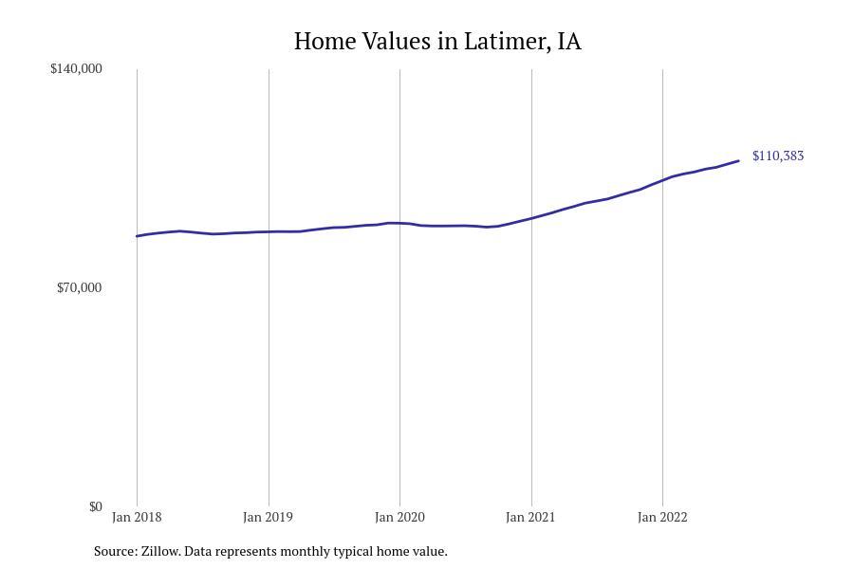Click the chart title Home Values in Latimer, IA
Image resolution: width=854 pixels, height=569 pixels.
pos(437,42)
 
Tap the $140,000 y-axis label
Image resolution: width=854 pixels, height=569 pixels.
pos(76,68)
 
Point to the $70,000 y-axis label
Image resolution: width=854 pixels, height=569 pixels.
pos(79,287)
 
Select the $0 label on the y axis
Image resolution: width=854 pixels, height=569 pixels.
pos(95,506)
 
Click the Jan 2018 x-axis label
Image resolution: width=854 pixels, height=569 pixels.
pos(137,517)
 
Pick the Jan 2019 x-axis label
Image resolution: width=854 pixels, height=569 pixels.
pos(268,517)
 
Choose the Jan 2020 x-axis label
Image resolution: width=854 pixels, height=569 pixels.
pos(399,517)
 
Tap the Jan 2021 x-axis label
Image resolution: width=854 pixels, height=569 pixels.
pos(530,517)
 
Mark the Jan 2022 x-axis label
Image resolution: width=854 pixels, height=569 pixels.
pos(662,517)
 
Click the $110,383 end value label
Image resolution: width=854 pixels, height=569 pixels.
pos(778,156)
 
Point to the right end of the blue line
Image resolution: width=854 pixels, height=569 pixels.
pos(738,161)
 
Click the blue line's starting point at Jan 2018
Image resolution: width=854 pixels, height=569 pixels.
pos(138,236)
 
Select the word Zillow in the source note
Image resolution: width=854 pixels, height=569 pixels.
pos(159,551)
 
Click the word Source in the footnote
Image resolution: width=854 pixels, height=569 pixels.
pos(115,551)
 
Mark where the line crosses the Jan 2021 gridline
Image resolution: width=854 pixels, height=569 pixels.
pos(531,218)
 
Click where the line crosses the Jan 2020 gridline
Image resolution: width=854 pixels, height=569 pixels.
pos(399,223)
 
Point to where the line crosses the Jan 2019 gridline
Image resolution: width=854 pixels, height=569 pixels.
pos(269,231)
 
